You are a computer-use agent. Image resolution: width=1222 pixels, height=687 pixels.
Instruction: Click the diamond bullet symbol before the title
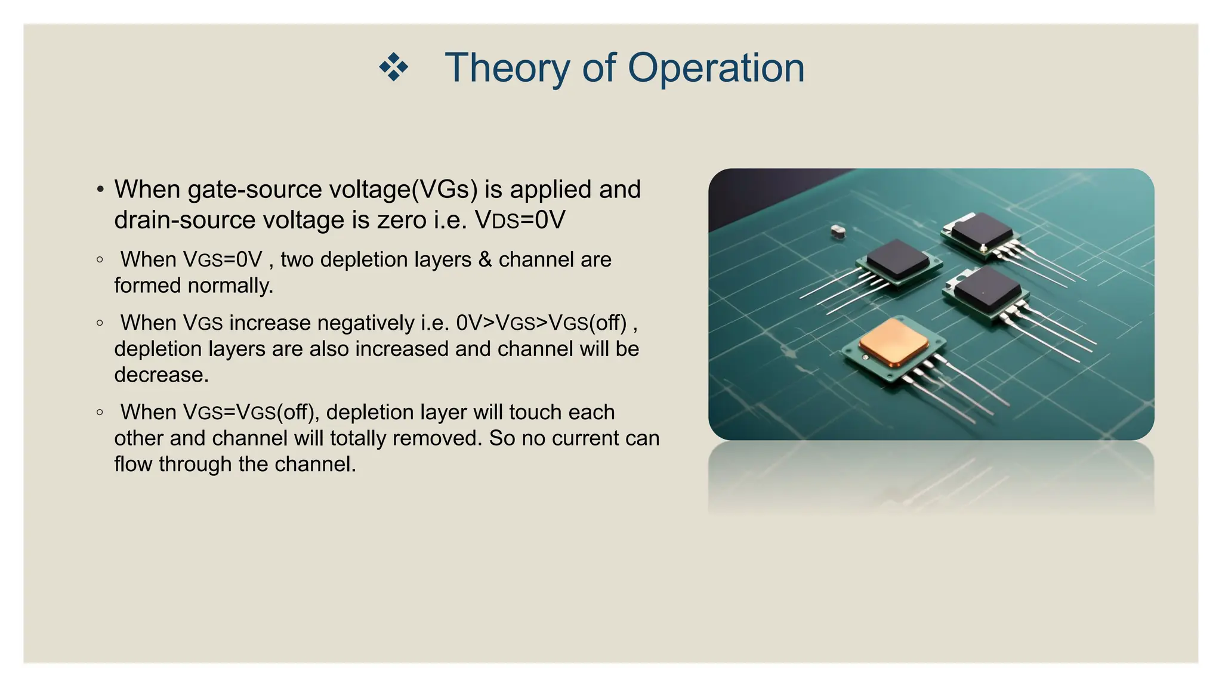click(394, 67)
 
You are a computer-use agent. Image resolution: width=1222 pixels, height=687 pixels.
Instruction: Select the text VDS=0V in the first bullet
click(520, 220)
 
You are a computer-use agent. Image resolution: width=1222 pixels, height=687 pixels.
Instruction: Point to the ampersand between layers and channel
click(485, 260)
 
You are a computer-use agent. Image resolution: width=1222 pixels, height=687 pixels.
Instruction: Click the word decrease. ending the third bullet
click(162, 375)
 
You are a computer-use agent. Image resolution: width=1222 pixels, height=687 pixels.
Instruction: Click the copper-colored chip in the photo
click(893, 342)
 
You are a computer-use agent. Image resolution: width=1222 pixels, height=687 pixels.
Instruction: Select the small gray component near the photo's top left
click(838, 231)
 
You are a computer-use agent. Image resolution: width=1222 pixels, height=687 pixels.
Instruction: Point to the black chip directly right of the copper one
click(986, 289)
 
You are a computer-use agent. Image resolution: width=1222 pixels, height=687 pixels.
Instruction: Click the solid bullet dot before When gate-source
click(100, 190)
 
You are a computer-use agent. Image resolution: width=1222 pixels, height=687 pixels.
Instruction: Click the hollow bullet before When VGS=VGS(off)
click(100, 412)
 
